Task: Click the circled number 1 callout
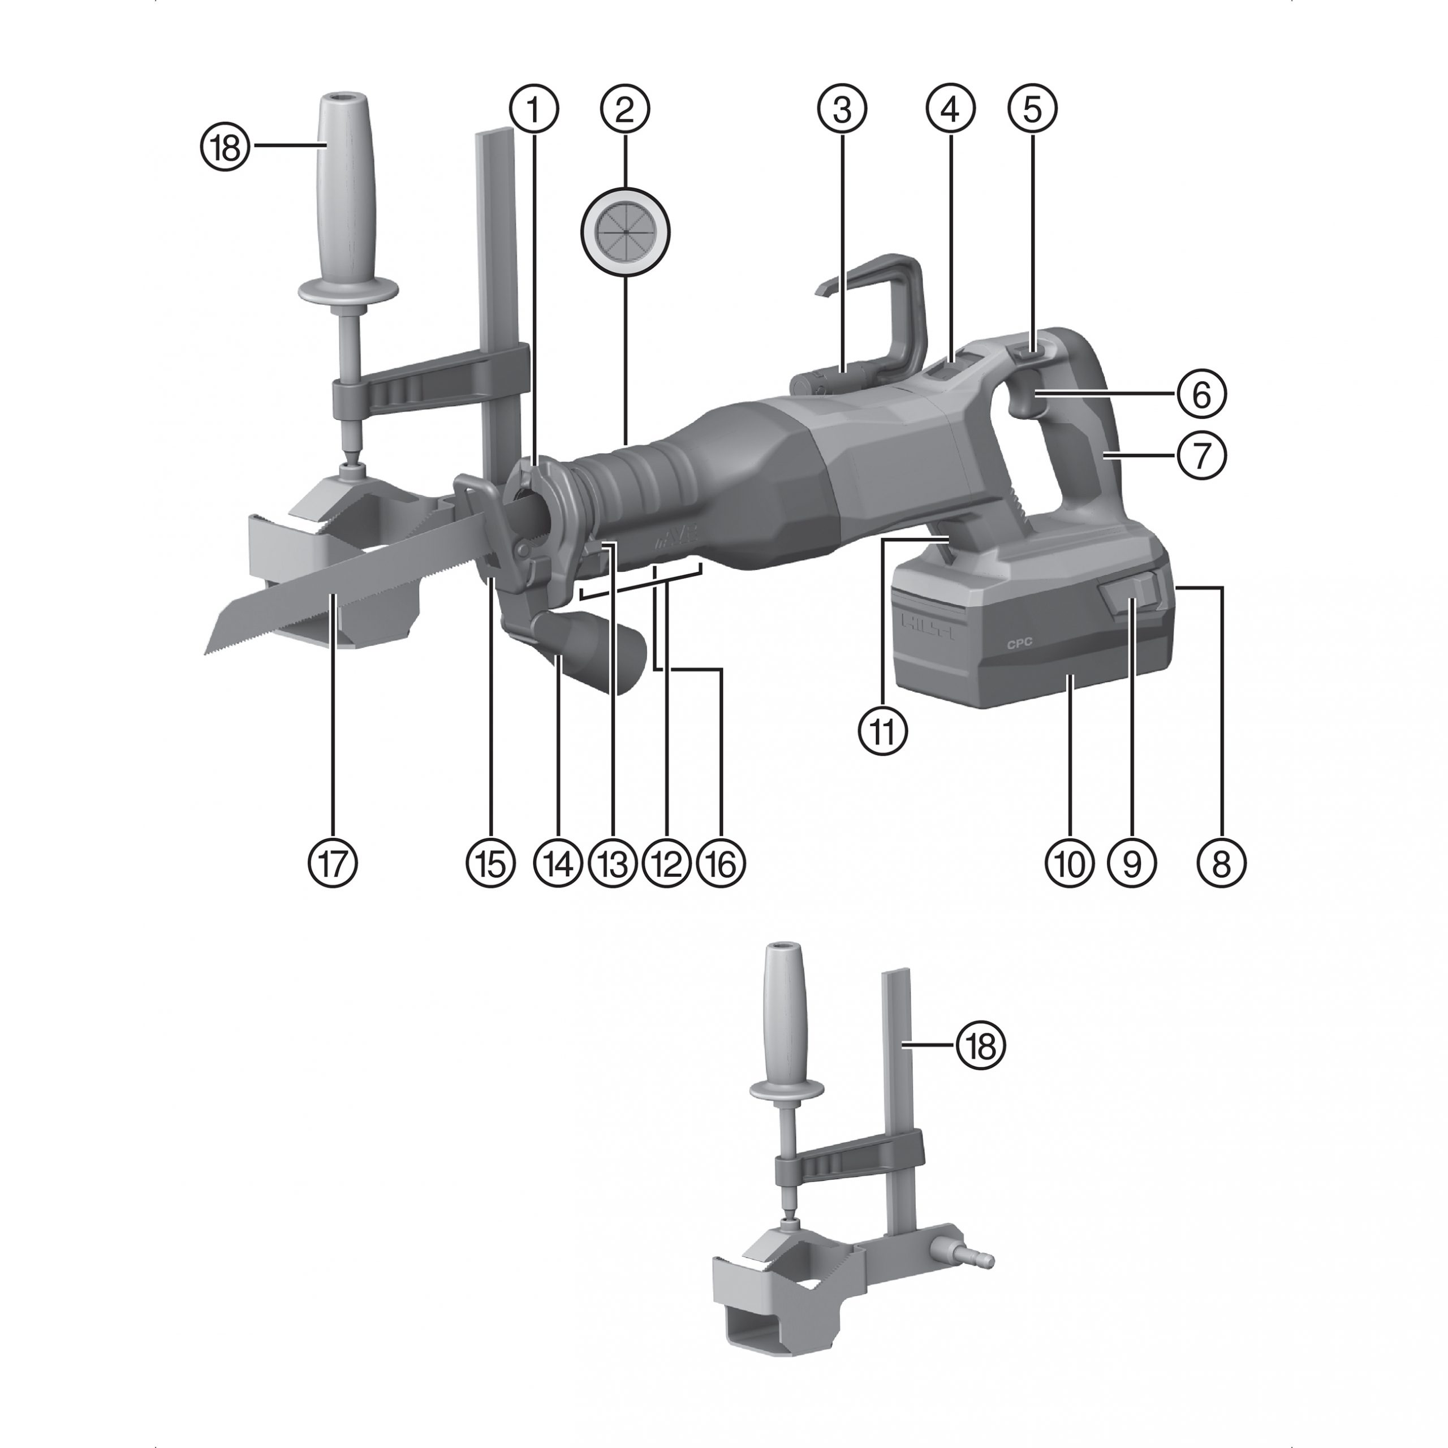[535, 109]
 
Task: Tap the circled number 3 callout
[842, 109]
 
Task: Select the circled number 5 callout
[1032, 109]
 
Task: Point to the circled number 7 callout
[1201, 455]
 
